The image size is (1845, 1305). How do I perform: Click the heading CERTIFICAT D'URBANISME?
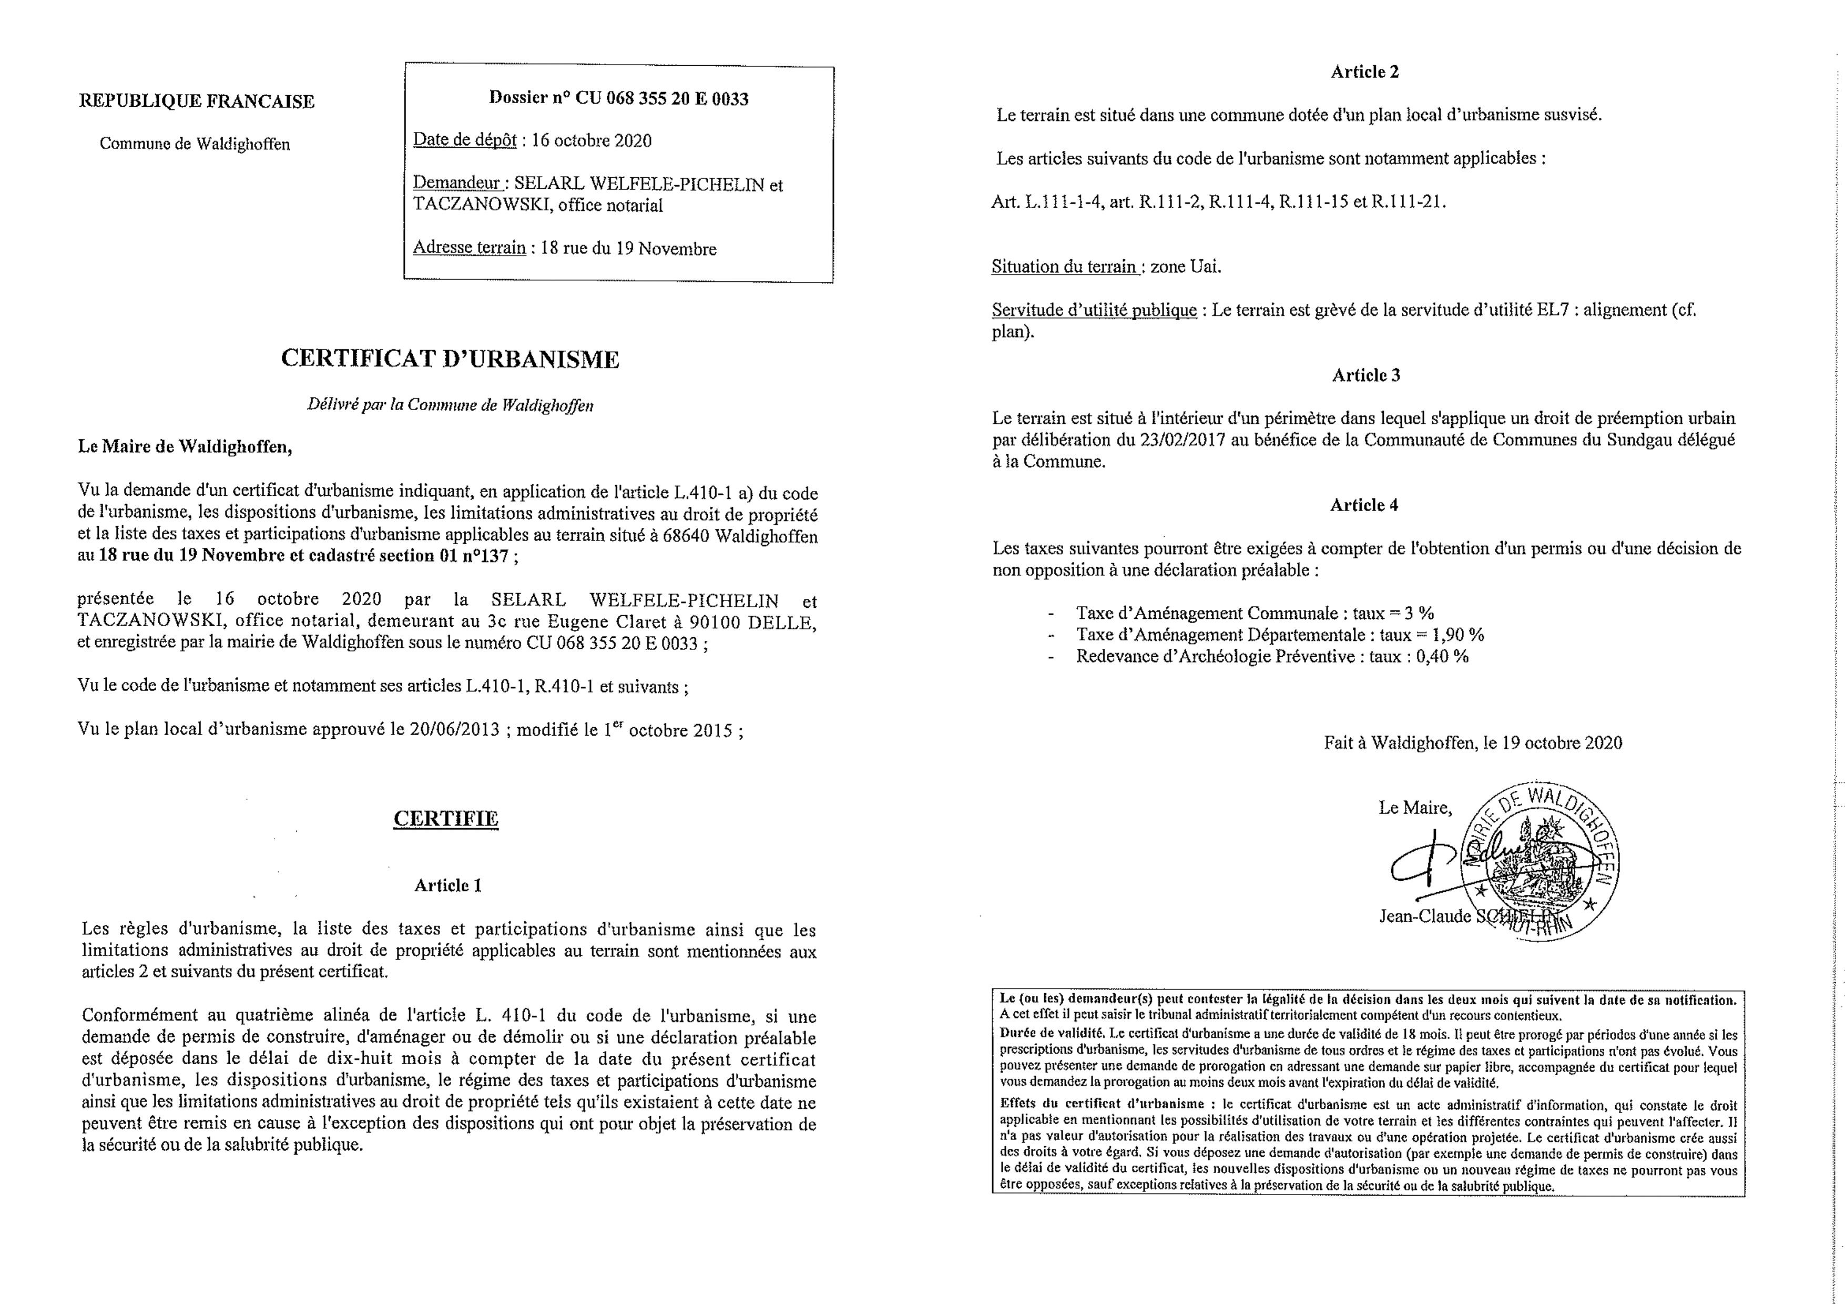[x=450, y=359]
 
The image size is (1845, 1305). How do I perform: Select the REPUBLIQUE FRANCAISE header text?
[x=197, y=101]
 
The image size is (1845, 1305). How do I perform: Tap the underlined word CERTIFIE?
[x=446, y=818]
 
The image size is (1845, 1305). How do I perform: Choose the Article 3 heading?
[x=1365, y=375]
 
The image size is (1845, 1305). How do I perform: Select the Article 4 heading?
[x=1364, y=505]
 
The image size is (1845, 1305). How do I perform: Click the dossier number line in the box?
[x=619, y=99]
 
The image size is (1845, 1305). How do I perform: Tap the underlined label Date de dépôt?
[x=464, y=140]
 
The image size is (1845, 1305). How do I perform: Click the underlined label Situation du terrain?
[x=1064, y=266]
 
